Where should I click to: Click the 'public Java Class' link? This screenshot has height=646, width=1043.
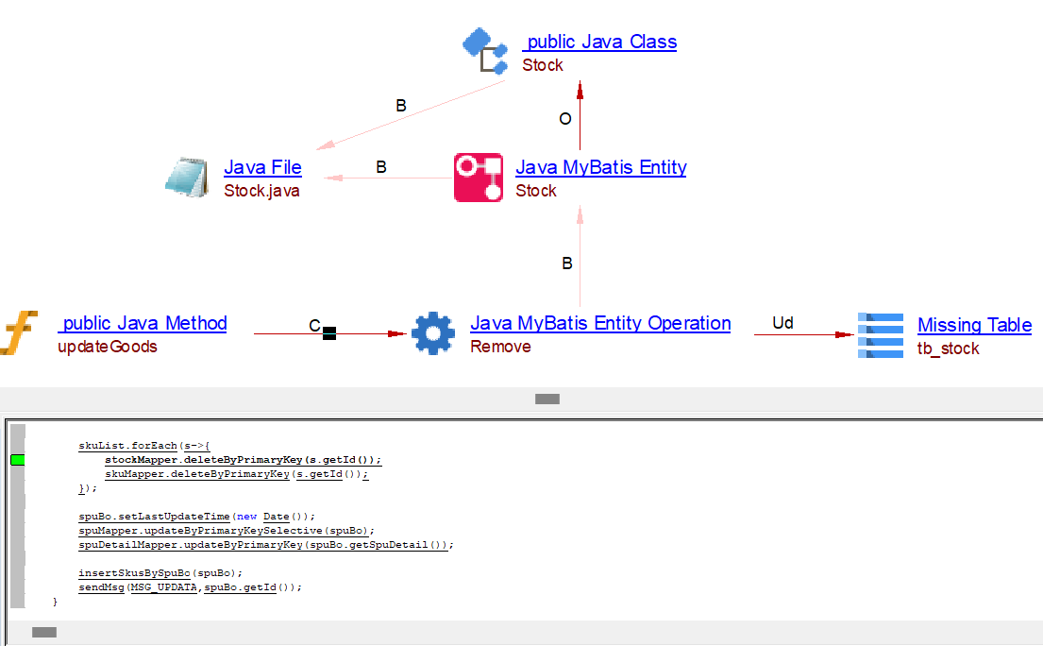click(599, 42)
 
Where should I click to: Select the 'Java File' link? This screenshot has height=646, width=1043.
click(262, 167)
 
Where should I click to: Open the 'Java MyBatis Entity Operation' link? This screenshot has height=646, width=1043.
click(600, 323)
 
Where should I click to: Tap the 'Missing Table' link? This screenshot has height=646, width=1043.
click(974, 325)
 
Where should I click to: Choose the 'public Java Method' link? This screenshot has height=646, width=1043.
click(143, 323)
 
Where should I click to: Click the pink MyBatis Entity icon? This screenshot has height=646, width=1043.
click(479, 177)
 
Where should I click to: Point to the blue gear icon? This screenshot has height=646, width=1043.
click(433, 333)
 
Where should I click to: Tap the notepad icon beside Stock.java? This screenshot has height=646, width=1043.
click(186, 177)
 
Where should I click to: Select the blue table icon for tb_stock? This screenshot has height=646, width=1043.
click(880, 335)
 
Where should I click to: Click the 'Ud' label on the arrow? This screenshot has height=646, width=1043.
click(782, 323)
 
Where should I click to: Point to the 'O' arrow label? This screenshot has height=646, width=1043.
click(565, 119)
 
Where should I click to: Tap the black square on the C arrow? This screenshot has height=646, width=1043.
click(329, 333)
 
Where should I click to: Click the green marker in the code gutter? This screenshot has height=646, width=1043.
click(17, 460)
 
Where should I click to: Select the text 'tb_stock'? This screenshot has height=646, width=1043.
click(948, 348)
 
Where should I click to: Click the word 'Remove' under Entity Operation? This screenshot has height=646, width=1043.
click(500, 347)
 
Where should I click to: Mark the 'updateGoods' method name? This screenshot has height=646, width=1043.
click(107, 347)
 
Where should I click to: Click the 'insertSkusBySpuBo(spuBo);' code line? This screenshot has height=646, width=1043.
click(160, 572)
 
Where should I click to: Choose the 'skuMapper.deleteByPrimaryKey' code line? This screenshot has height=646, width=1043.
click(236, 474)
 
